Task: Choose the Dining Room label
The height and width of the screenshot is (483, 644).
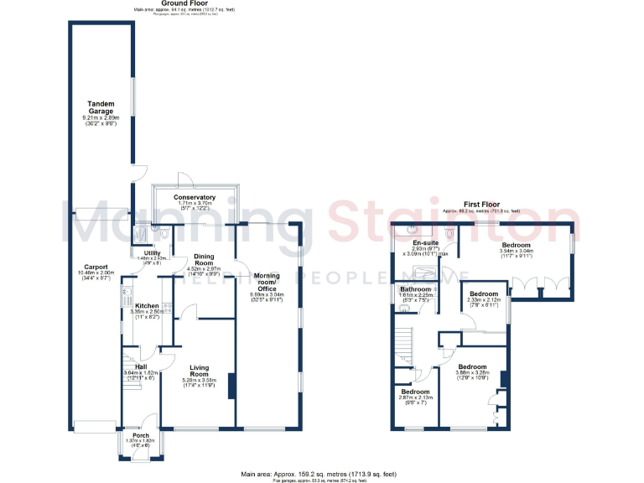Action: pos(205,260)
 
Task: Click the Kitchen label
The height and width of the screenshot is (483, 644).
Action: pos(148,305)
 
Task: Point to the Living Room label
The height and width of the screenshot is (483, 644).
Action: pos(200,369)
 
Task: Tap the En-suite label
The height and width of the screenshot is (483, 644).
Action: pos(423,242)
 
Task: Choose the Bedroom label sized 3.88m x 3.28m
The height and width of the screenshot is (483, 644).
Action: pos(471,366)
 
